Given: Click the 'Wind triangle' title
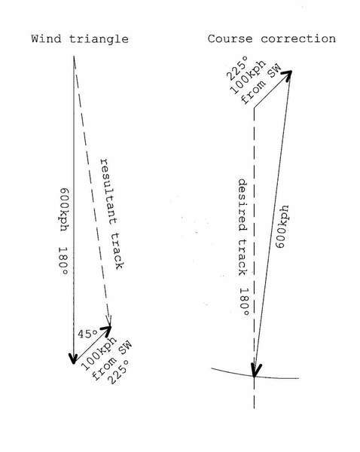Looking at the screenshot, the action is coord(80,39).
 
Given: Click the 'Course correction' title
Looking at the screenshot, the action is coord(272,38).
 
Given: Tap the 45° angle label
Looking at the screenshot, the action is coord(87,334).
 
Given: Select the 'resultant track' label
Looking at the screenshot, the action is coord(111,214).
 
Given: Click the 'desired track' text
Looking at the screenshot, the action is coord(243,228).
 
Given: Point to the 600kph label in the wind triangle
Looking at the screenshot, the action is coord(64,209).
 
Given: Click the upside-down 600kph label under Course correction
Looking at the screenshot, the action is coord(282,227).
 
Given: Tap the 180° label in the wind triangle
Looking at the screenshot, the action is coord(63,261).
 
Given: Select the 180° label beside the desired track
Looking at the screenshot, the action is coord(244,302).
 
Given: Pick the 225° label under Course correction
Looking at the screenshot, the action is coord(237,69).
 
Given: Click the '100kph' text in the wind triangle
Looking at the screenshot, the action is coord(99,354).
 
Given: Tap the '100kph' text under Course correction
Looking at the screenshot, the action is coord(248,78).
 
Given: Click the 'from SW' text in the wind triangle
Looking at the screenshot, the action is coord(111,361).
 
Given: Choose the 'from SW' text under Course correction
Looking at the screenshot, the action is coord(261,84).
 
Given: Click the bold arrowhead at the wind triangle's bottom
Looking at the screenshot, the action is coord(74,359).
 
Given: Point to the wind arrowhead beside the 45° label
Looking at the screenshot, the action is coord(106,330).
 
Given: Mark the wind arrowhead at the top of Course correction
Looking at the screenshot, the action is coord(287,75).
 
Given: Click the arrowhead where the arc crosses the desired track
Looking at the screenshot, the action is coord(255,370).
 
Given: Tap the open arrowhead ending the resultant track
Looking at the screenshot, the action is coord(109,320).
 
